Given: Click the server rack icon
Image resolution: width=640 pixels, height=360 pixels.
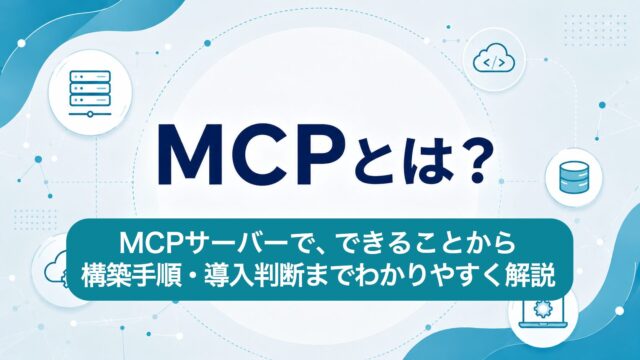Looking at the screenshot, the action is pos(90,94).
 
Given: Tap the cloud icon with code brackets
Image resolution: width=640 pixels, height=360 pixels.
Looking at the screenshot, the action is pos(494,59).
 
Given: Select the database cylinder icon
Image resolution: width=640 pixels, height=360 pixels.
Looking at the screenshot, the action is pos(574,177).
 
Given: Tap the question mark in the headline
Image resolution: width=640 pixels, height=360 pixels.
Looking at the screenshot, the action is pos(470,161).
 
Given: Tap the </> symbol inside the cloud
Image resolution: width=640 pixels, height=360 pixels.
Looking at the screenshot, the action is pos(494,62).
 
